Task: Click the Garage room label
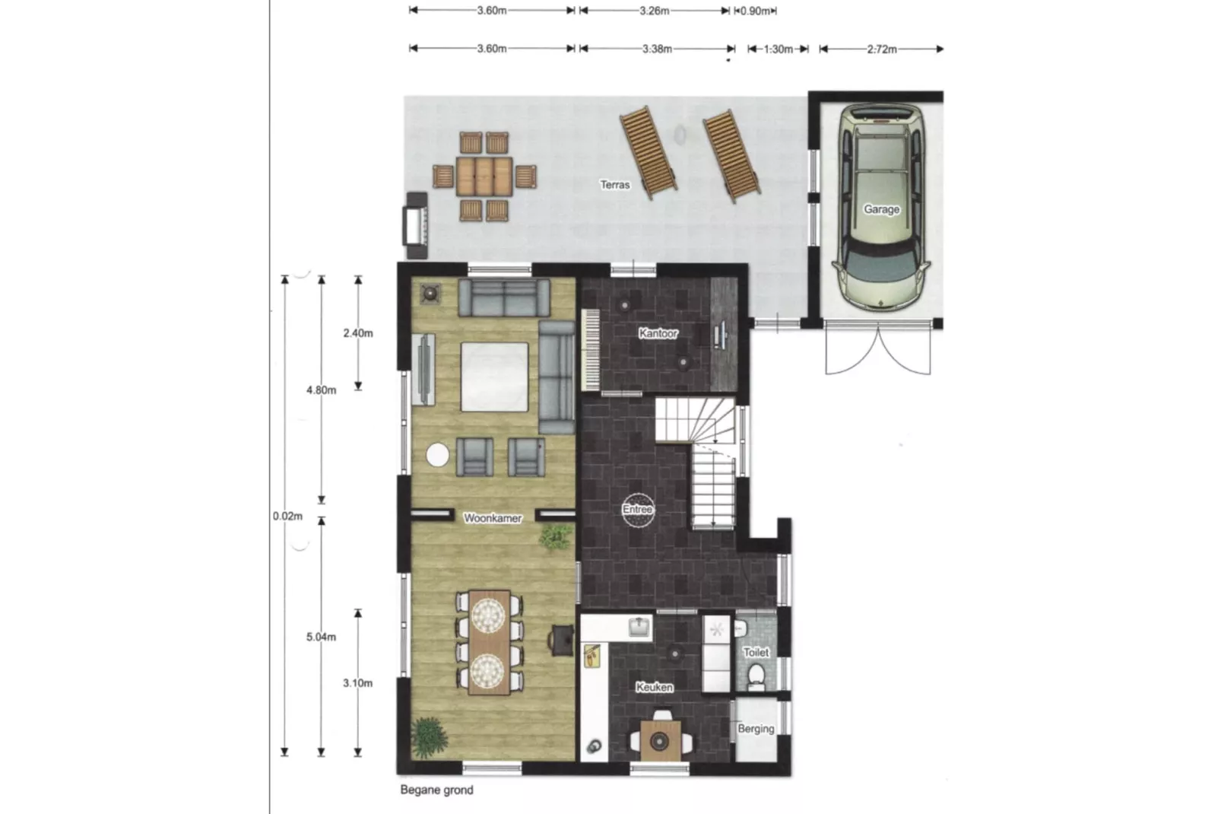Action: [x=881, y=209]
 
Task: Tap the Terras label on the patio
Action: [x=615, y=185]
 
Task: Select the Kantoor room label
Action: [x=658, y=332]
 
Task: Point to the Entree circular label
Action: [x=638, y=510]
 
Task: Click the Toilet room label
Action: [x=756, y=652]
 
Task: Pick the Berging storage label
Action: [x=756, y=728]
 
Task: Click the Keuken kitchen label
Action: [x=654, y=688]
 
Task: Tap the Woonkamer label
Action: [x=493, y=518]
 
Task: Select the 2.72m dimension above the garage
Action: [x=882, y=49]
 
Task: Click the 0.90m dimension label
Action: [x=756, y=11]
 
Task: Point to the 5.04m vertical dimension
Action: [x=321, y=637]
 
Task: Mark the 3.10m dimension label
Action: [x=357, y=683]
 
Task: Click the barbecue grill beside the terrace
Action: [x=415, y=225]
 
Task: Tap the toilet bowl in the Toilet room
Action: [x=756, y=676]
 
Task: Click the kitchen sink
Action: [x=639, y=627]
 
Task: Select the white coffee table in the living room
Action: [x=494, y=377]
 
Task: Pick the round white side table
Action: [x=438, y=455]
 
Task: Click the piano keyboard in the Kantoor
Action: [x=590, y=350]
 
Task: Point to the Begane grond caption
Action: [x=436, y=790]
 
